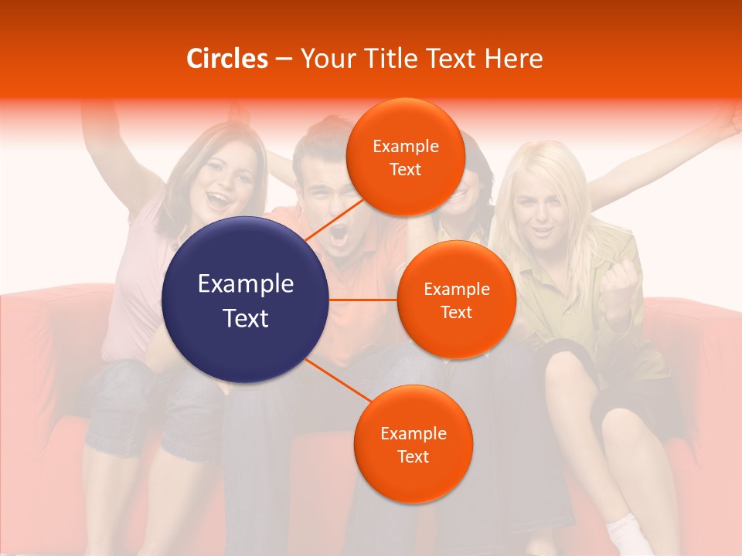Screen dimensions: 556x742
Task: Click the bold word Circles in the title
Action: [227, 59]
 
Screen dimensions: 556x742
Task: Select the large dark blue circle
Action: [246, 300]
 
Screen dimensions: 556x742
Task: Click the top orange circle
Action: [405, 158]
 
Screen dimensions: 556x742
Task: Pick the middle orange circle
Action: [456, 300]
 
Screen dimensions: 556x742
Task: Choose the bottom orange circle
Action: [413, 444]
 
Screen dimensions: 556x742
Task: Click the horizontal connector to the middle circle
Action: [363, 300]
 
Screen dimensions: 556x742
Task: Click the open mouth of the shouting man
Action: [339, 236]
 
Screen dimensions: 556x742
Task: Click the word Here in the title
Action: [514, 59]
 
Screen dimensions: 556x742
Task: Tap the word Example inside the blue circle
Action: [246, 284]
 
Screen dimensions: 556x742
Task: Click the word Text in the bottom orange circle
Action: [413, 456]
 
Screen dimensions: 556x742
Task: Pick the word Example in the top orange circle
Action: [405, 146]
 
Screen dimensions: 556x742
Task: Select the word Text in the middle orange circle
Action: [456, 312]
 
